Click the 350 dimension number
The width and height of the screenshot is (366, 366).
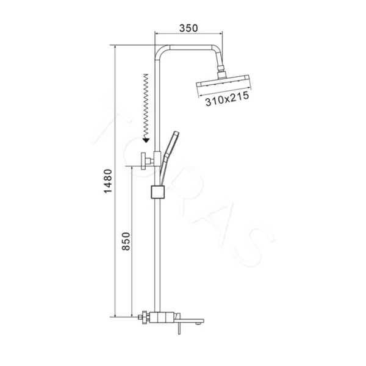tap(190, 27)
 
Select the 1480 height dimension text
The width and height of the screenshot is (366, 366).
tap(108, 181)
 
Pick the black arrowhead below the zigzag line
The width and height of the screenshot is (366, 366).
tap(146, 139)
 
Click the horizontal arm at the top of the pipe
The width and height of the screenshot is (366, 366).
tap(189, 47)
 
